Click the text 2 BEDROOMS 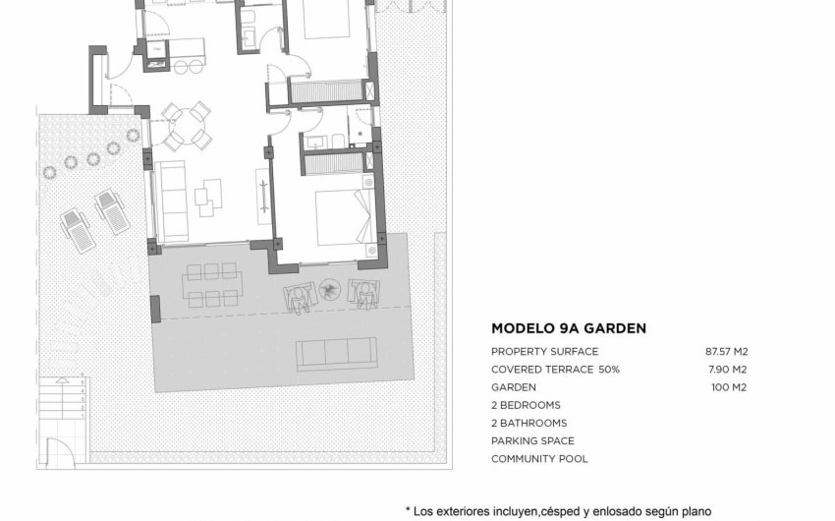tap(526, 405)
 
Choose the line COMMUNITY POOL tap(539, 459)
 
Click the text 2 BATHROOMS tap(529, 424)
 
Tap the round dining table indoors tap(186, 124)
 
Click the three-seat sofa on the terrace tap(336, 354)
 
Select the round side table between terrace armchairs tap(330, 289)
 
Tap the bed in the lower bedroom tap(343, 217)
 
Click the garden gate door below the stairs tap(62, 453)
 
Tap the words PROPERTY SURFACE tap(543, 352)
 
